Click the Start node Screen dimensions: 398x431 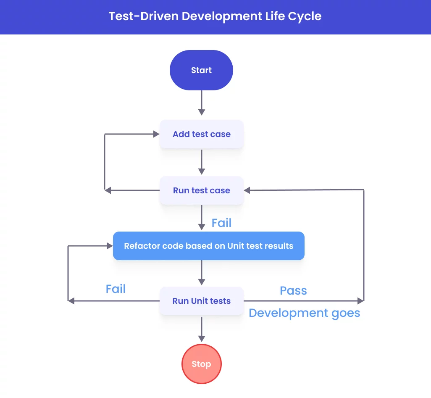coord(201,70)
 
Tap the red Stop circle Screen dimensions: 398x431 coord(201,364)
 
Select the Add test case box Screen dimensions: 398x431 coord(201,134)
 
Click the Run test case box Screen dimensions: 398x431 coord(201,190)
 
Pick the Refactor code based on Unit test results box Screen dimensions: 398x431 coord(208,246)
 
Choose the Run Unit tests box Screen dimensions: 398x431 coord(201,301)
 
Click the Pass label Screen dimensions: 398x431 coord(293,290)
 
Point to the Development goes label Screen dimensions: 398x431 coord(304,313)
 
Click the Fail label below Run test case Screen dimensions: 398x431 coord(221,223)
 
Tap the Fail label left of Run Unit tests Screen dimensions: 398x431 coord(116,289)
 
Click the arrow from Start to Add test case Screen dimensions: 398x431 coord(202,103)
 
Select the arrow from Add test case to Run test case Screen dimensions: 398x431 coord(202,162)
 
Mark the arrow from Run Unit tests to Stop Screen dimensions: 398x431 coord(202,329)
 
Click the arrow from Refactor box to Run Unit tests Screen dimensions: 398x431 coord(202,272)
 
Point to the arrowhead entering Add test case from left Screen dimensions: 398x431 coord(156,134)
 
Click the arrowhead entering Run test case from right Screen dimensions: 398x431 coord(247,190)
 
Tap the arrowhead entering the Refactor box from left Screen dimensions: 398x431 coord(110,246)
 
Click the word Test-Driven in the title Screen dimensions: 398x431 coord(143,16)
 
